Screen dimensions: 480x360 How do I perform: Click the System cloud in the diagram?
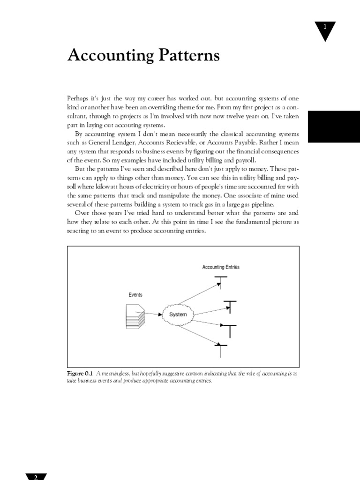point(178,315)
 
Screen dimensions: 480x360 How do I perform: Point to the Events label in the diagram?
point(135,295)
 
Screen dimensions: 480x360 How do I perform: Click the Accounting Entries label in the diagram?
point(221,267)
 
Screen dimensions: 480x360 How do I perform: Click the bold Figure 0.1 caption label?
point(81,374)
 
